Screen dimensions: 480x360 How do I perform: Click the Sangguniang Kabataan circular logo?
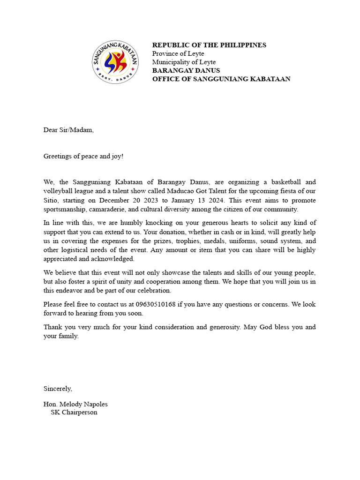tap(115, 62)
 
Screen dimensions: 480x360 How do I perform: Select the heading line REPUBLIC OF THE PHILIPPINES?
tap(209, 45)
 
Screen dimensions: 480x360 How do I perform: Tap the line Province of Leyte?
tap(178, 53)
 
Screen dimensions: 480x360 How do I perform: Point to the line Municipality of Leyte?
tap(184, 62)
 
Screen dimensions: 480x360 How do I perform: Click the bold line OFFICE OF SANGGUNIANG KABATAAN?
tap(221, 79)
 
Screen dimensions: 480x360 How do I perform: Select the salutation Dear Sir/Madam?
tap(68, 130)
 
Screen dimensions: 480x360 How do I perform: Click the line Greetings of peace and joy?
tap(83, 156)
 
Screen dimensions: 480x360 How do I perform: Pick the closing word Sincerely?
tap(58, 389)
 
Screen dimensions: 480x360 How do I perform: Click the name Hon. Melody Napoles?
tap(75, 404)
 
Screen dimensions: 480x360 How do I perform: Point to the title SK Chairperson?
tap(74, 412)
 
